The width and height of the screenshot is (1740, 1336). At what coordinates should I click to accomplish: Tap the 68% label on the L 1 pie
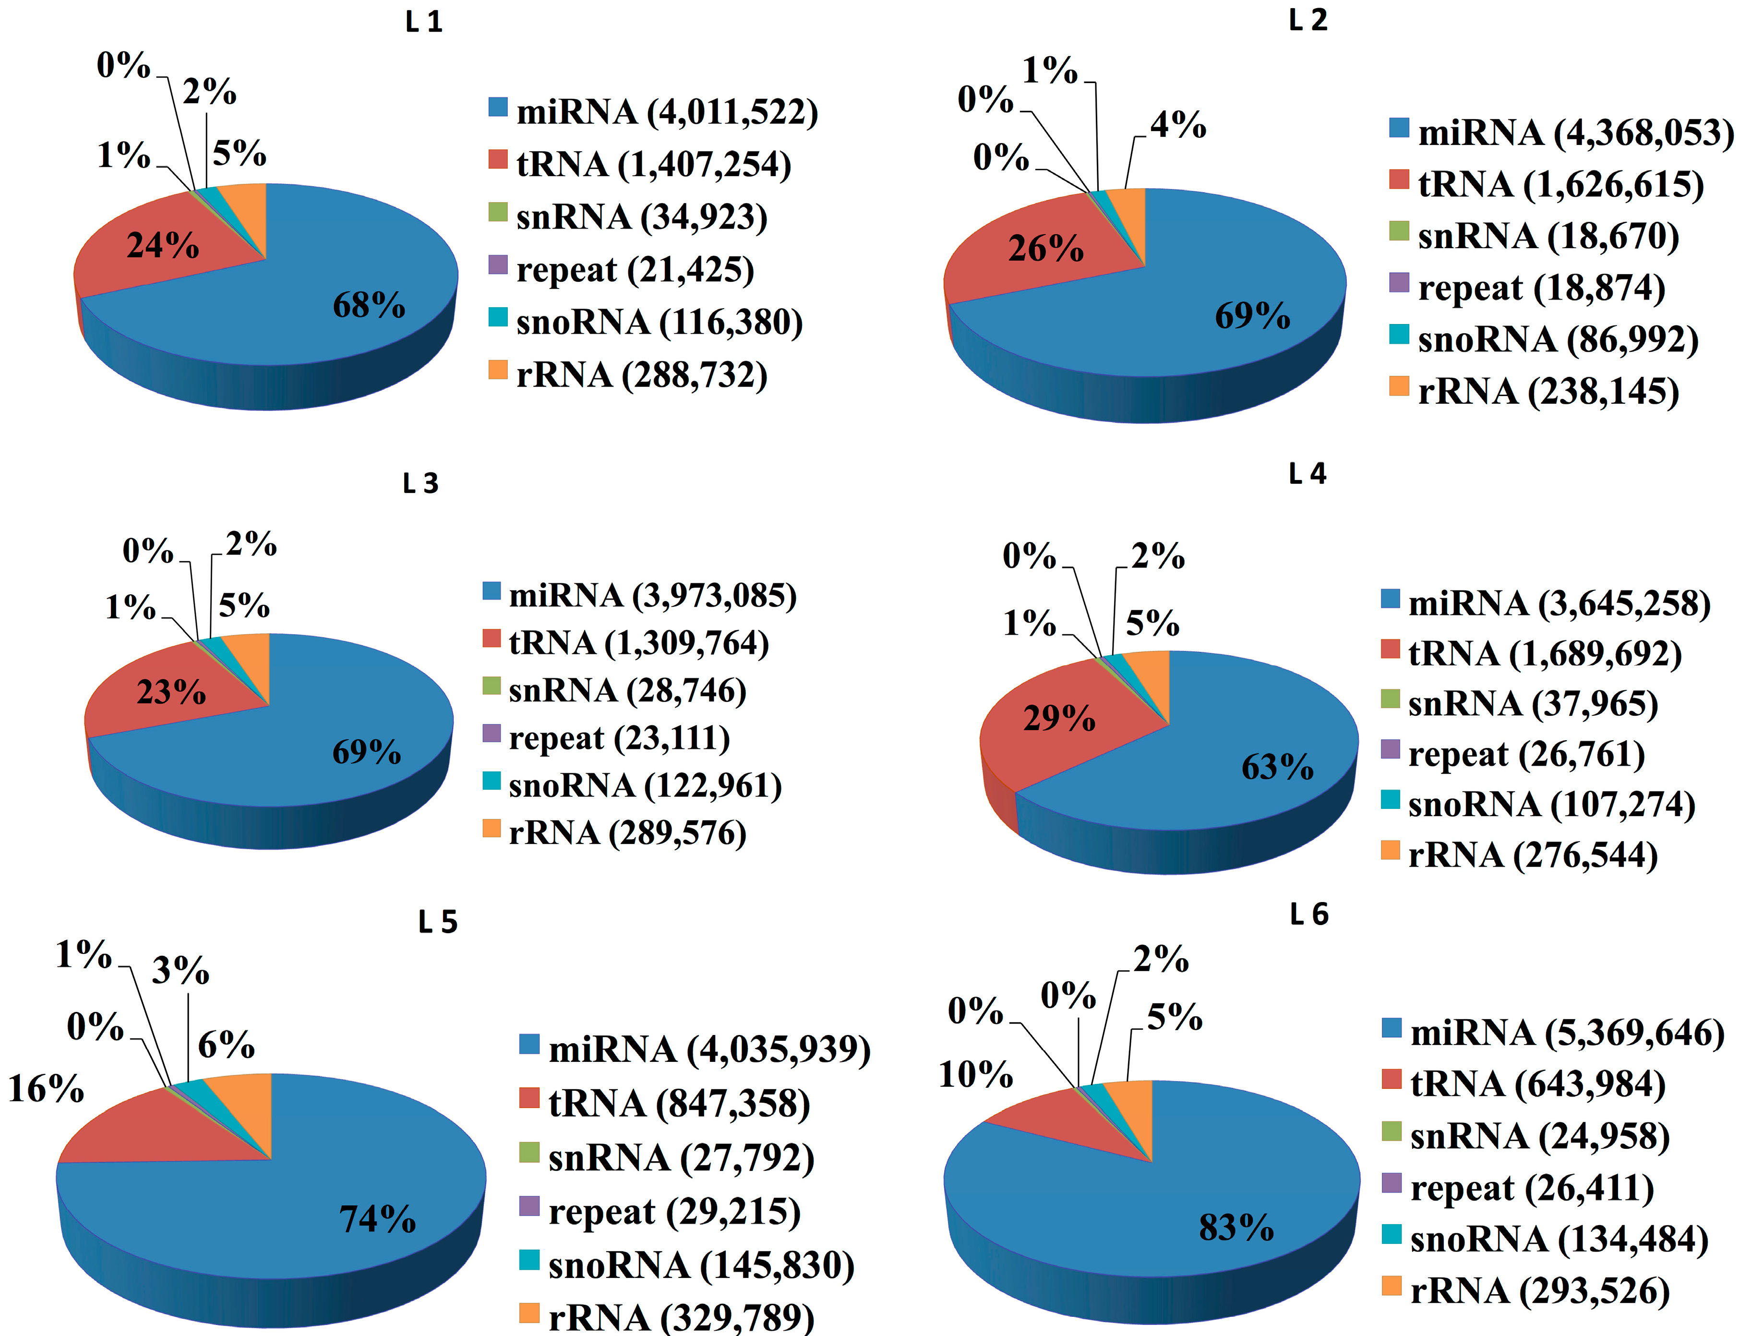point(368,305)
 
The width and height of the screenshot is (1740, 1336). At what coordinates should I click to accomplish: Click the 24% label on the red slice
point(163,246)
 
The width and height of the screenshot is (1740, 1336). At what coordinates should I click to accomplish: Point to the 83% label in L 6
point(1236,1227)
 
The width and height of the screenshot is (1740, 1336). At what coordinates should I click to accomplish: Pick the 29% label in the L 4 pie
point(1058,718)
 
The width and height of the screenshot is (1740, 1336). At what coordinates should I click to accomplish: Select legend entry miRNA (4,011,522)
point(666,112)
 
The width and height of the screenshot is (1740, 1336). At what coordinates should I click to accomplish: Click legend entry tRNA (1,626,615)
point(1560,184)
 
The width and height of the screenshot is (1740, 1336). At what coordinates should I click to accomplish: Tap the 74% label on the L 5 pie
point(377,1218)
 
